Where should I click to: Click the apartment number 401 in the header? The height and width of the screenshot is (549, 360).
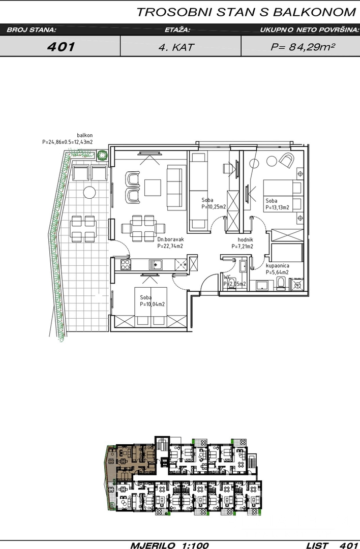pyautogui.click(x=61, y=47)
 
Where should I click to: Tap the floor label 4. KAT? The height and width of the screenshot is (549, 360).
pyautogui.click(x=176, y=47)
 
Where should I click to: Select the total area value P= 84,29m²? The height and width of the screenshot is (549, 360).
pyautogui.click(x=302, y=47)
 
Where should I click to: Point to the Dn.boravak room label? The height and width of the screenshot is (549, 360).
pyautogui.click(x=170, y=240)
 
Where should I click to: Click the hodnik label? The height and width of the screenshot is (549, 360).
pyautogui.click(x=245, y=240)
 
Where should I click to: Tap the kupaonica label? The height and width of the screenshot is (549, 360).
pyautogui.click(x=278, y=266)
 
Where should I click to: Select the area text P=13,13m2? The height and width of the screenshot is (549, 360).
pyautogui.click(x=277, y=207)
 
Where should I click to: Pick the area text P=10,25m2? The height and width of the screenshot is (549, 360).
pyautogui.click(x=214, y=207)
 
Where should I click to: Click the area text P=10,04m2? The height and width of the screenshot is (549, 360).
pyautogui.click(x=153, y=304)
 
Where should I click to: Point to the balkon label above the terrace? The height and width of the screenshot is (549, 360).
pyautogui.click(x=85, y=135)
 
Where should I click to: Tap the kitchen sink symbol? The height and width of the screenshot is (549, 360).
pyautogui.click(x=156, y=265)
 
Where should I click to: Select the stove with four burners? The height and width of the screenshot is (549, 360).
pyautogui.click(x=126, y=265)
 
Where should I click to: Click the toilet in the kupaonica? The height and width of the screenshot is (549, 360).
pyautogui.click(x=281, y=284)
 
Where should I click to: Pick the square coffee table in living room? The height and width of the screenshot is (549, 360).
pyautogui.click(x=153, y=188)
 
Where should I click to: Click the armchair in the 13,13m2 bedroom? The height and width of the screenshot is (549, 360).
pyautogui.click(x=287, y=160)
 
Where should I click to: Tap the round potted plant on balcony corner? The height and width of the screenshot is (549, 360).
pyautogui.click(x=102, y=155)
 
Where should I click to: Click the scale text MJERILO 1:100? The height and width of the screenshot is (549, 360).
pyautogui.click(x=169, y=545)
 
